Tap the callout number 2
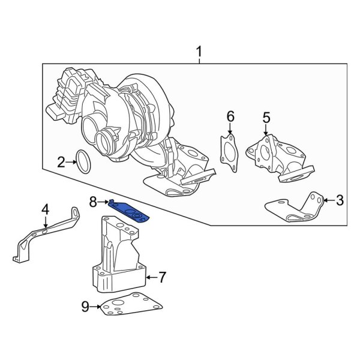tap(61, 161)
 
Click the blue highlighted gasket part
tap(129, 209)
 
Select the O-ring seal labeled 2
tap(83, 162)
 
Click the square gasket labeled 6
tap(227, 149)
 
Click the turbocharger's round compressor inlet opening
tap(97, 130)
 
